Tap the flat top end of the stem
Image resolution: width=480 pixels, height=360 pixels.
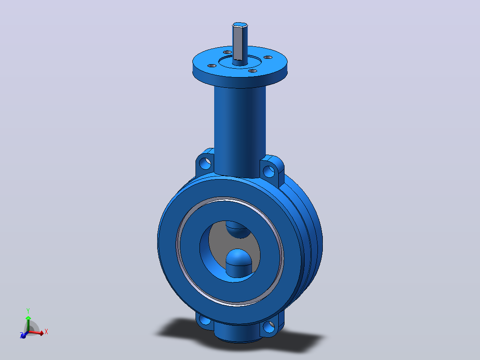(x=240, y=25)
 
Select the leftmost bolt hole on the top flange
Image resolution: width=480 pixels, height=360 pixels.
(x=212, y=65)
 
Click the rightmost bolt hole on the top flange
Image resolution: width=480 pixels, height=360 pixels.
(x=268, y=57)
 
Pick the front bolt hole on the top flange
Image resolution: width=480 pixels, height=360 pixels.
(x=252, y=71)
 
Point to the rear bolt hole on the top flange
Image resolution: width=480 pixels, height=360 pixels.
(x=228, y=52)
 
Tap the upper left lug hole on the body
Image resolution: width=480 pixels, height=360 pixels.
(x=205, y=164)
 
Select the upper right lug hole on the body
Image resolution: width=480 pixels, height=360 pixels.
(x=269, y=172)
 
